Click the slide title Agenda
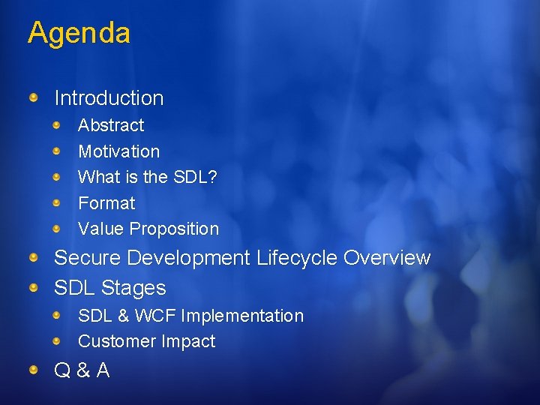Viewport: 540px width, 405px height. click(x=79, y=34)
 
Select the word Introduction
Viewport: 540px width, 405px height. click(x=109, y=98)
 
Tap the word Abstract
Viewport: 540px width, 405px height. click(x=111, y=125)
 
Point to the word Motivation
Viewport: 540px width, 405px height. click(x=118, y=151)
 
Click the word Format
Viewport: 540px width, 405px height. click(x=106, y=203)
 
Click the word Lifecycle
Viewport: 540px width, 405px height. click(x=297, y=258)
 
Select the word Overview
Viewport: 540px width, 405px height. click(x=387, y=258)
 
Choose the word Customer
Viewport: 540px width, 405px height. click(x=113, y=341)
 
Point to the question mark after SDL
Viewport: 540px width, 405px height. click(x=213, y=177)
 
